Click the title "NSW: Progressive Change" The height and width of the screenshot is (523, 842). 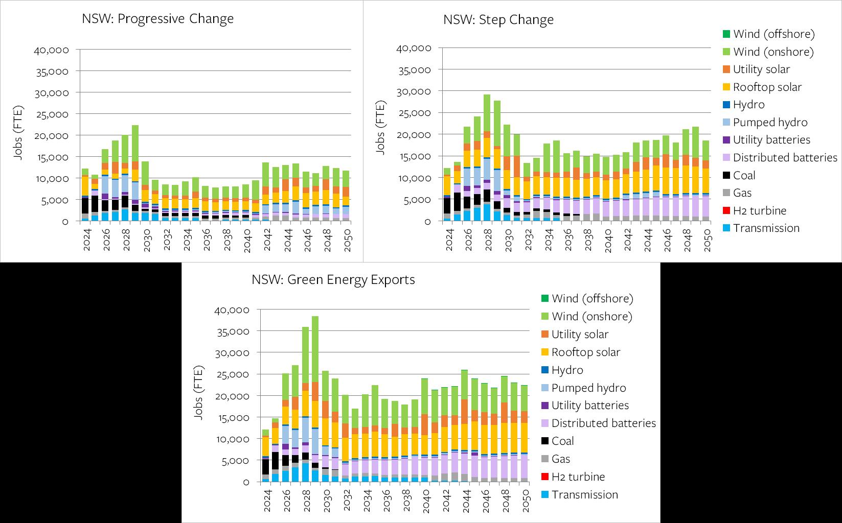tap(157, 19)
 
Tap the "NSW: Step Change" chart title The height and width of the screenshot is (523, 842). tap(498, 20)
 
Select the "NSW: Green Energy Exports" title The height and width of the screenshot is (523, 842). tap(333, 280)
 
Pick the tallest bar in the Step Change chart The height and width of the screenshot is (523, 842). tap(487, 158)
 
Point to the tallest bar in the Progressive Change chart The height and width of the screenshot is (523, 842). tap(135, 174)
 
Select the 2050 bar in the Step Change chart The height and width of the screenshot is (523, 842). tap(706, 181)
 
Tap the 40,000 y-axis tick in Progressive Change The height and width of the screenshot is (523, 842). tap(51, 50)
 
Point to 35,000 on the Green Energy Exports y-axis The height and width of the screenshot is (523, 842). tap(233, 331)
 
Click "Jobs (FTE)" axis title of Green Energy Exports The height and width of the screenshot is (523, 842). tap(198, 392)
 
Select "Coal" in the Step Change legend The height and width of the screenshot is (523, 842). tap(744, 175)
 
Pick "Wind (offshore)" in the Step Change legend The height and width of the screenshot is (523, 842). tap(773, 34)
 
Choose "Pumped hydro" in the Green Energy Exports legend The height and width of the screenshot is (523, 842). tap(588, 388)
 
